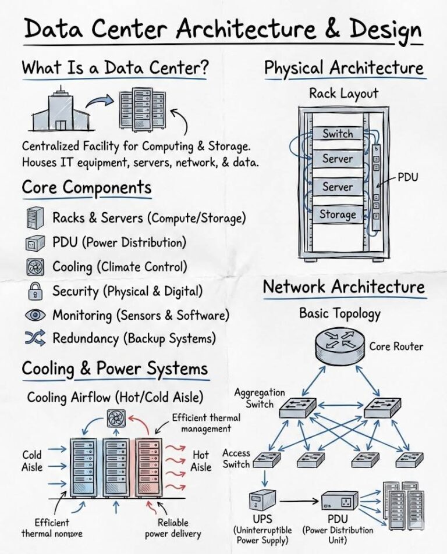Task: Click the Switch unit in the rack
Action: (x=338, y=133)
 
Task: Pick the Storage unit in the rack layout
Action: (x=338, y=214)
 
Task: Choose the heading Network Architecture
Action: (x=343, y=287)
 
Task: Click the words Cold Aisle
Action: (x=33, y=460)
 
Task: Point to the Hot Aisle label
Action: (x=201, y=460)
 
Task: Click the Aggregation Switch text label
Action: (x=260, y=398)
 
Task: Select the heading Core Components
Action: (x=87, y=188)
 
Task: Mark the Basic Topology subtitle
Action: (x=339, y=313)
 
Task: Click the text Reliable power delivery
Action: (x=173, y=528)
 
